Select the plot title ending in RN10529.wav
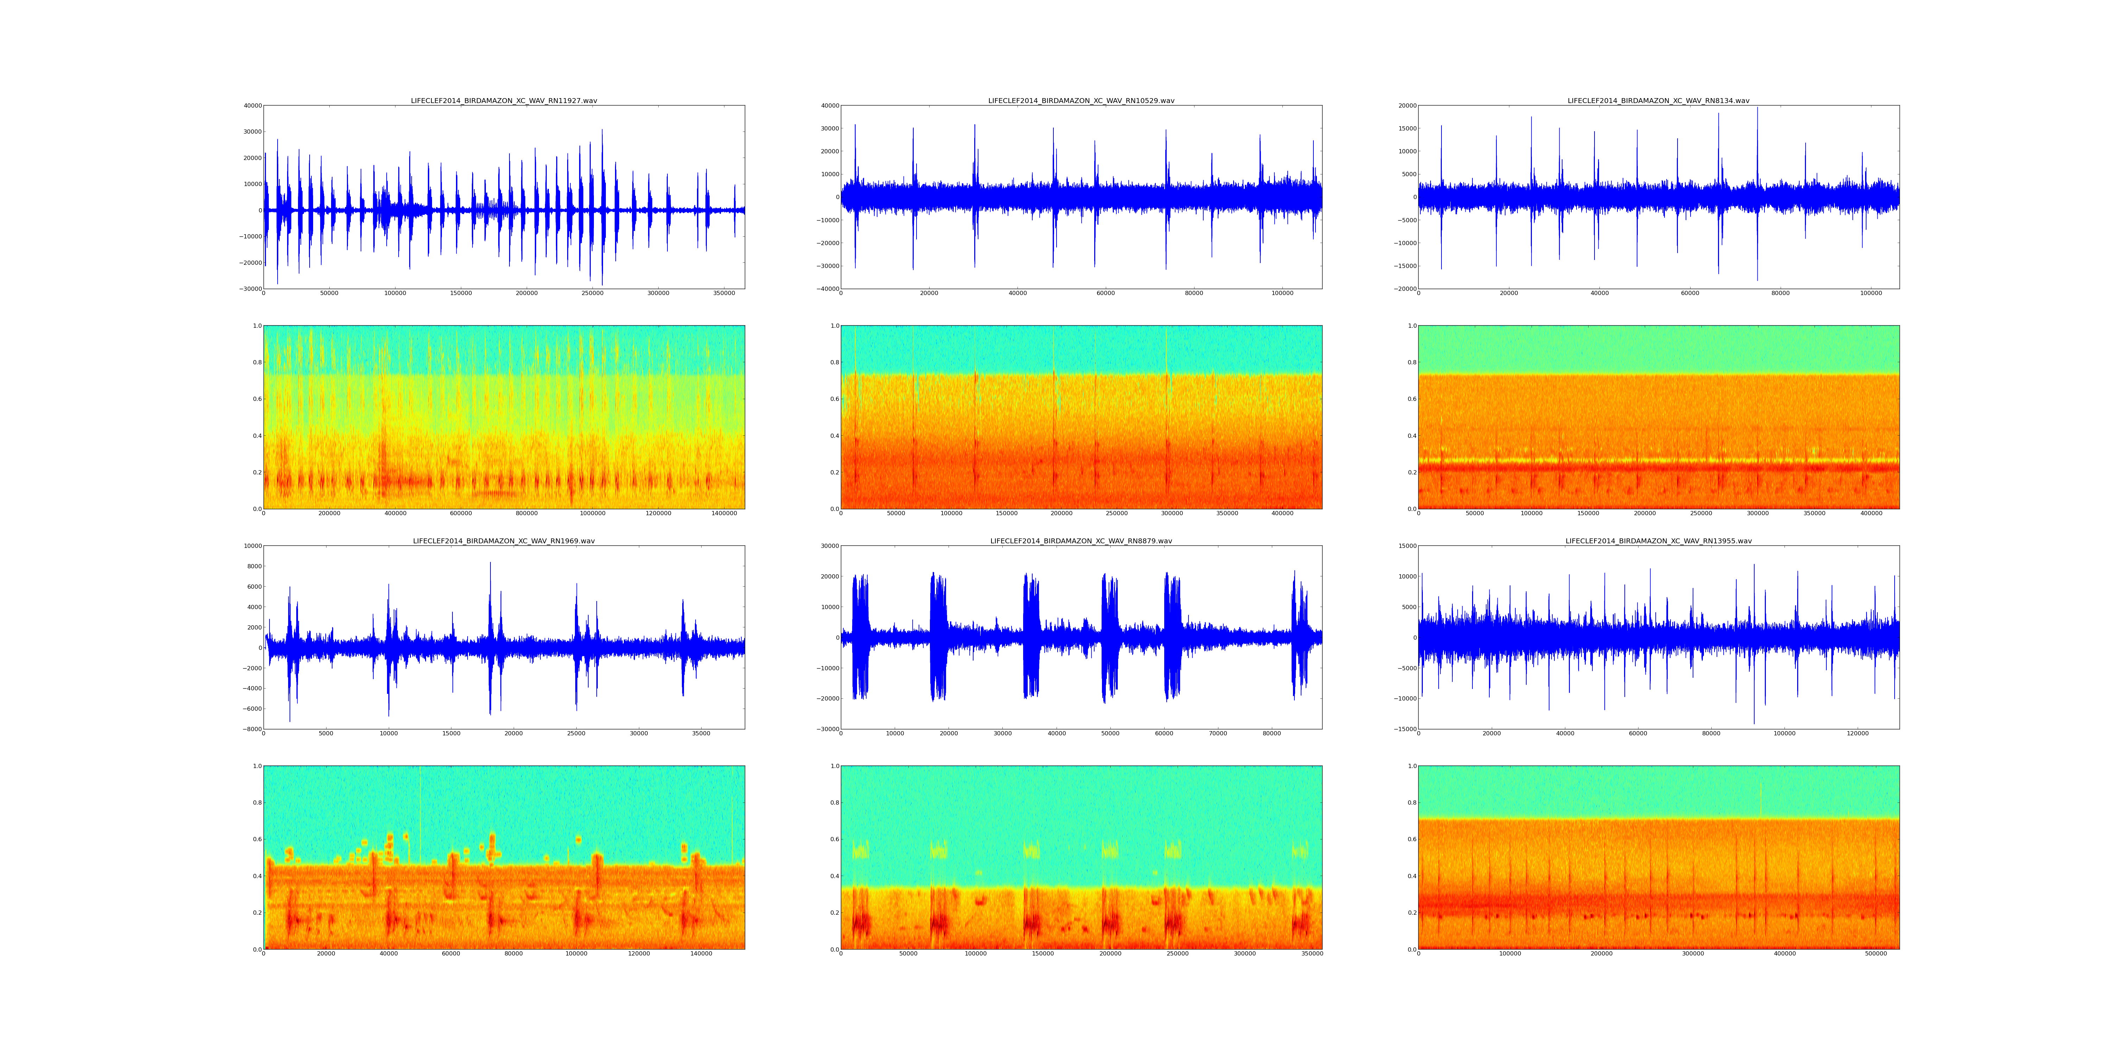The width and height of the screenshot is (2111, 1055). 1081,101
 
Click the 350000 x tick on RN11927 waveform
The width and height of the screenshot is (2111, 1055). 724,293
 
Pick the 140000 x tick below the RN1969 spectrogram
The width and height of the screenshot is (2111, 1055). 702,953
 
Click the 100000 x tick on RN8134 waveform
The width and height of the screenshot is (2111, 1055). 1871,293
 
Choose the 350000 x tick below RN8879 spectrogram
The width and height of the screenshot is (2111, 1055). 1312,953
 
